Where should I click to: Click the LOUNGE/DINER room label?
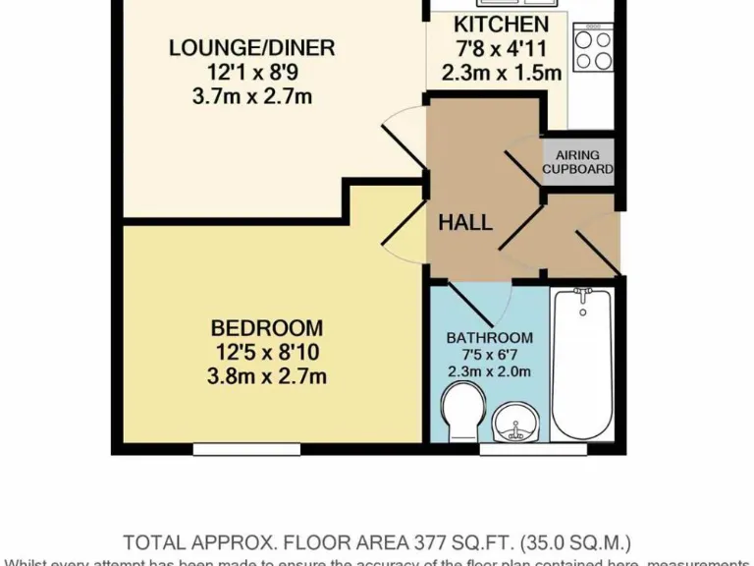point(251,47)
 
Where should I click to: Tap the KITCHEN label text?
point(501,25)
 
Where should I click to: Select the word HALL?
point(465,223)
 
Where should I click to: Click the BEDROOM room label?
point(267,328)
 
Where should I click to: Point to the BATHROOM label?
point(489,338)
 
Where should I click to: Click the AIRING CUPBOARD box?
point(578,162)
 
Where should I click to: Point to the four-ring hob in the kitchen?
point(593,49)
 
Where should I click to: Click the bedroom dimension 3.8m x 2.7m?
point(267,375)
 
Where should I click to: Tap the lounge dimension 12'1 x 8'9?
point(251,72)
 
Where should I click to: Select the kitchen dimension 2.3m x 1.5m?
point(501,72)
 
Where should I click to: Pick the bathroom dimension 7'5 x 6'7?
point(489,355)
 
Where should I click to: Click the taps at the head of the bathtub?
point(582,296)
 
